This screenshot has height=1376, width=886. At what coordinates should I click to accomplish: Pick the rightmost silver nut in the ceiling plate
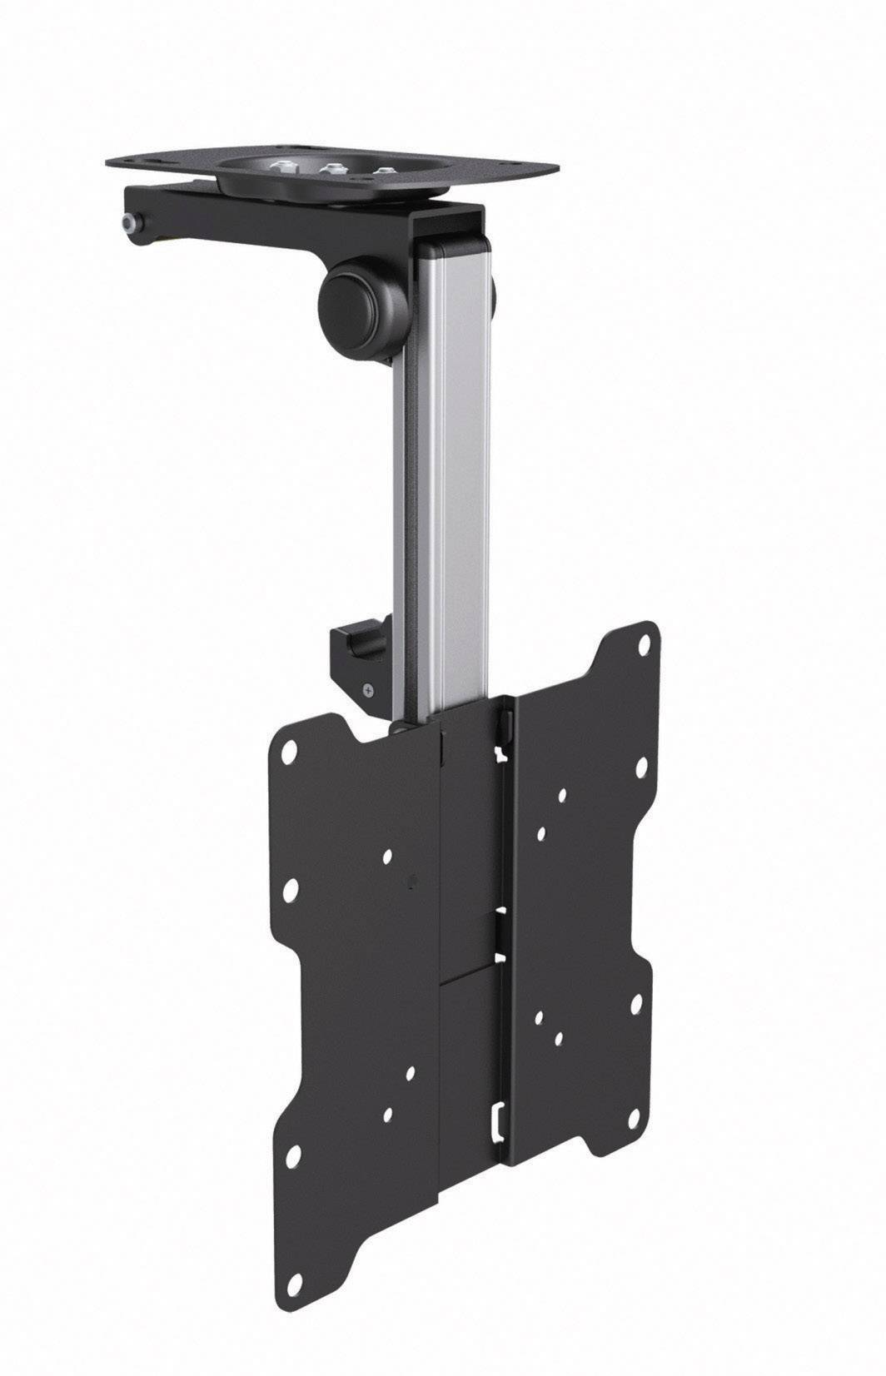[x=384, y=171]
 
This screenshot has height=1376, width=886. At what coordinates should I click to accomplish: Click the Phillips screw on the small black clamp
[x=367, y=689]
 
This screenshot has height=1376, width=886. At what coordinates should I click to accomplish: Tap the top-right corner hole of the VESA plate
[x=645, y=645]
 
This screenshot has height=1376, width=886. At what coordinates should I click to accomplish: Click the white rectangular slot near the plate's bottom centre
[x=497, y=1118]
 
